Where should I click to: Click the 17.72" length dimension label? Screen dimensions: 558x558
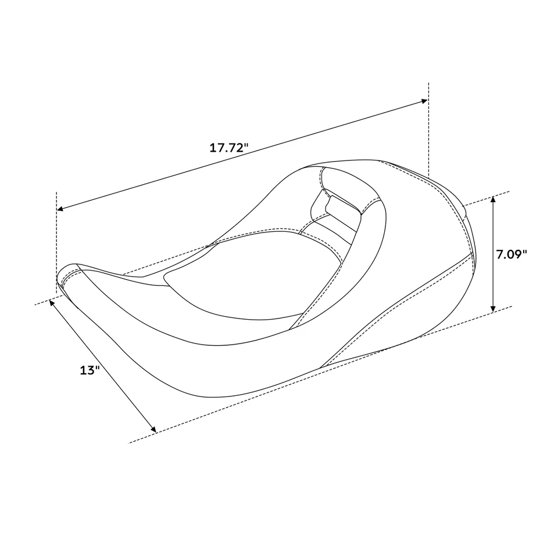(229, 148)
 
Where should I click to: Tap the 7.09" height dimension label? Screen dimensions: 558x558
(512, 253)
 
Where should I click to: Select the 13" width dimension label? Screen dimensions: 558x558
(90, 370)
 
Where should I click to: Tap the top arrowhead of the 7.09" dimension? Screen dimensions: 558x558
(493, 200)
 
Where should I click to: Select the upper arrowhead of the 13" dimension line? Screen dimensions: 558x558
(53, 302)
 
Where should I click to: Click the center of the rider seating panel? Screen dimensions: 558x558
(244, 279)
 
